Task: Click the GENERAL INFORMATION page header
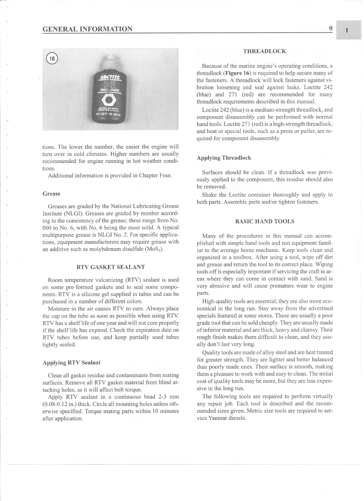click(87, 29)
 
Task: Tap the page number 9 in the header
click(330, 28)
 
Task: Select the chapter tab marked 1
click(347, 30)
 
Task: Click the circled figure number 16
click(52, 59)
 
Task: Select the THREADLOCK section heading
click(265, 51)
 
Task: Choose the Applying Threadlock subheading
click(224, 158)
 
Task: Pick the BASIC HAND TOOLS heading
click(265, 221)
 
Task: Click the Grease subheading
click(51, 194)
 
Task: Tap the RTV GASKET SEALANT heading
click(110, 267)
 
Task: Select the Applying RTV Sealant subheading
click(71, 363)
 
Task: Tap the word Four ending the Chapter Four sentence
click(165, 176)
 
